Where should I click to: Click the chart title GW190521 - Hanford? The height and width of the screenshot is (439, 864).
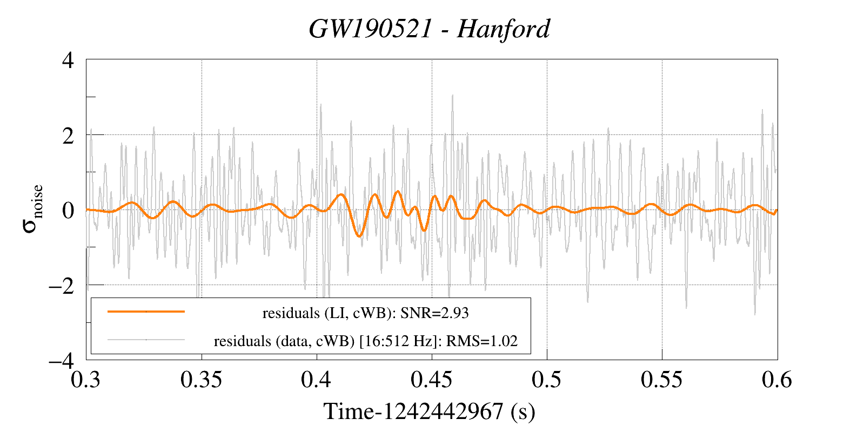(x=430, y=29)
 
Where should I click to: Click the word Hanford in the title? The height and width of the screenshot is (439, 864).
(x=503, y=29)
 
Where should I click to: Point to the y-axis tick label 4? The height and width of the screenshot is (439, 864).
(x=68, y=60)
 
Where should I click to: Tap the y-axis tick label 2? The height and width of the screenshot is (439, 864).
(x=68, y=135)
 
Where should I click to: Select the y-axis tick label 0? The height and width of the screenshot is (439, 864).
(x=68, y=210)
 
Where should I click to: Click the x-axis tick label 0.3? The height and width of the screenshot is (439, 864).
(x=86, y=380)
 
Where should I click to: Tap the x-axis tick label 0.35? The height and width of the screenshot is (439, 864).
(x=202, y=380)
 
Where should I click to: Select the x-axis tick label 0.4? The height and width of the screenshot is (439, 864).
(x=317, y=380)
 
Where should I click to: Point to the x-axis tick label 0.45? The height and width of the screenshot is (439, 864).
(x=432, y=380)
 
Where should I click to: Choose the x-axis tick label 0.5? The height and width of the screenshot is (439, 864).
(x=547, y=380)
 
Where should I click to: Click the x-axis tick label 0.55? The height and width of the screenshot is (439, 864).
(x=662, y=380)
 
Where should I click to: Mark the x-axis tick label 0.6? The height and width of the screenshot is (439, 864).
(x=777, y=380)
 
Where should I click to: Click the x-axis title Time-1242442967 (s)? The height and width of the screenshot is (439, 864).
(x=430, y=411)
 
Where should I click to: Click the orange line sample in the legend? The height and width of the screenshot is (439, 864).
(x=146, y=312)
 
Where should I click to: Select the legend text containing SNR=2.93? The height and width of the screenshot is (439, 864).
(x=365, y=313)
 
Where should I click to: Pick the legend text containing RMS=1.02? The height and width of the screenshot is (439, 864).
(x=366, y=341)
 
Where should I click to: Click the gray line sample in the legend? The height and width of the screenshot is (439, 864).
(x=146, y=340)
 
